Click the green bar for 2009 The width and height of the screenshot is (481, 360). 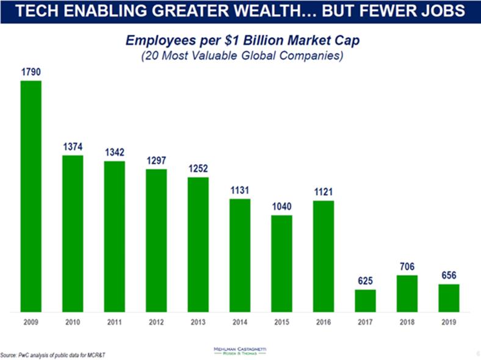[31, 195]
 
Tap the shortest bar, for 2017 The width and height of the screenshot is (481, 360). [365, 300]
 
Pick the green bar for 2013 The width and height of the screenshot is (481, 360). [198, 243]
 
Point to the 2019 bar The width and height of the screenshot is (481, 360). [449, 297]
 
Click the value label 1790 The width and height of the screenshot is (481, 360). [31, 72]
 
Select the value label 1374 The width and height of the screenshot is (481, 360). [73, 147]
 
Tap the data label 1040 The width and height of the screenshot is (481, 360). [281, 207]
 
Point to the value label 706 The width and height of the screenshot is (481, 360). [407, 267]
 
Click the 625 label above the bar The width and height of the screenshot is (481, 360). [365, 281]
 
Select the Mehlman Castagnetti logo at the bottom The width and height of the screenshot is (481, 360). [240, 351]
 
